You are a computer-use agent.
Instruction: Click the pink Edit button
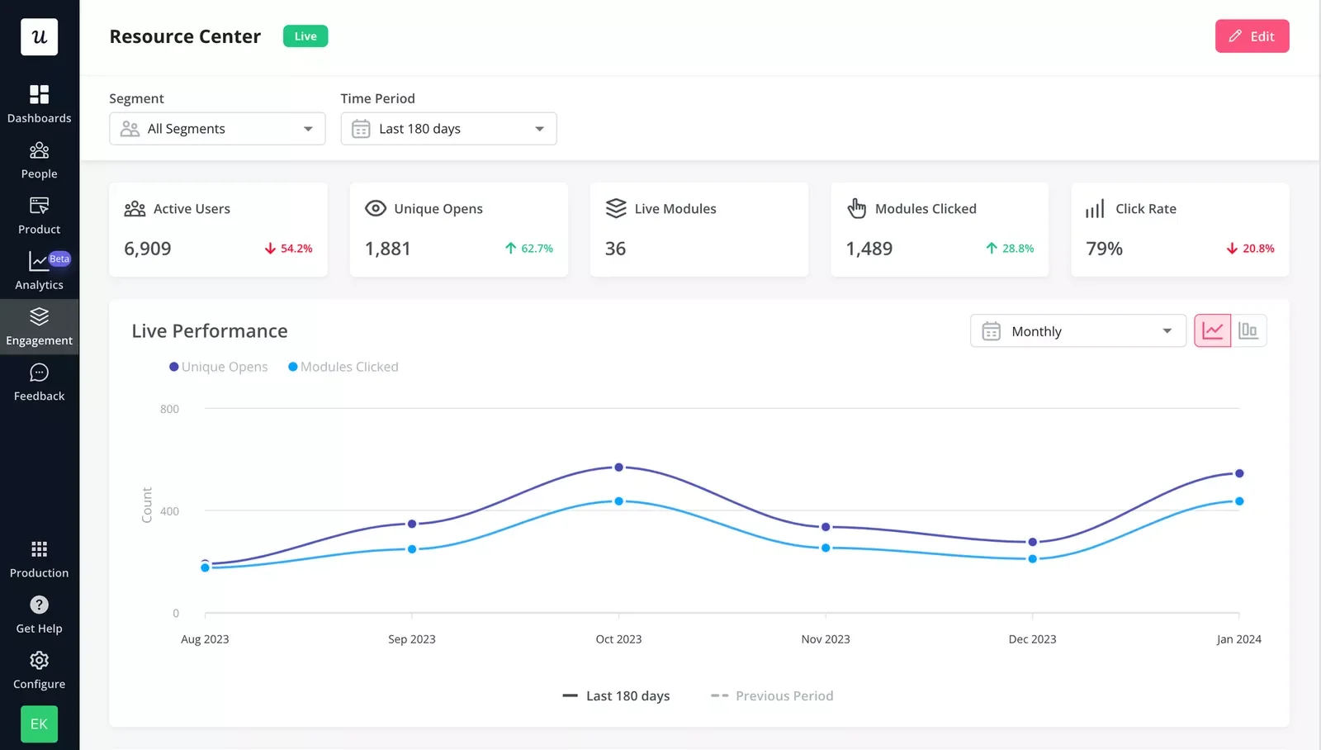click(x=1252, y=36)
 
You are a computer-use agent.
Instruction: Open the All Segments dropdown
click(x=217, y=129)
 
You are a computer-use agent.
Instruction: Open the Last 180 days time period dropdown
click(x=448, y=129)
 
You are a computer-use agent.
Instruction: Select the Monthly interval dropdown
click(x=1077, y=331)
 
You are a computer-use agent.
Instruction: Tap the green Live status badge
click(x=305, y=36)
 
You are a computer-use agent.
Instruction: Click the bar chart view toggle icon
click(x=1248, y=331)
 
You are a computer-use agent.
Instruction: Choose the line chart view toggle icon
click(x=1212, y=331)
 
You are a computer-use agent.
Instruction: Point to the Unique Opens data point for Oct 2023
click(x=618, y=468)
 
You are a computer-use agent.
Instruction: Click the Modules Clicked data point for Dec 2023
click(x=1032, y=559)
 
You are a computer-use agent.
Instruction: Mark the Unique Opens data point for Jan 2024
click(x=1238, y=473)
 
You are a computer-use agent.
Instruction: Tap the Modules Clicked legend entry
click(x=343, y=367)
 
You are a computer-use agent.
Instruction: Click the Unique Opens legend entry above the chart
click(x=219, y=367)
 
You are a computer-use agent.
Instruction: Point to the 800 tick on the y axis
click(x=169, y=409)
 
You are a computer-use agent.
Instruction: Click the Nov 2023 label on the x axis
click(x=825, y=639)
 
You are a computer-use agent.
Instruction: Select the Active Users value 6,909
click(x=148, y=249)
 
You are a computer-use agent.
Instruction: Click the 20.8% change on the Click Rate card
click(x=1251, y=249)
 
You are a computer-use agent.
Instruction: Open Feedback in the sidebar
click(x=39, y=382)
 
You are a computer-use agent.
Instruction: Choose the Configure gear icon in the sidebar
click(x=39, y=661)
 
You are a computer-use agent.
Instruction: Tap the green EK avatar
click(x=39, y=724)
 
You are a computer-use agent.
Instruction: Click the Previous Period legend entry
click(x=773, y=696)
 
